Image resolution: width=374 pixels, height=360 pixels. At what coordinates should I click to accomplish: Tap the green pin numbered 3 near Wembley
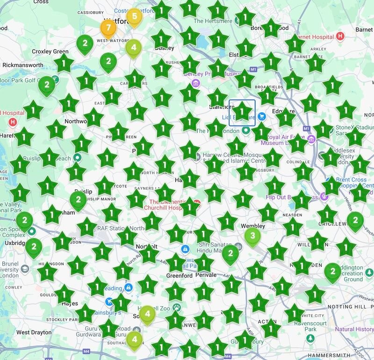click(253, 236)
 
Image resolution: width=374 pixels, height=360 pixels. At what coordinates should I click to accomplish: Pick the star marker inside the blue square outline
click(243, 112)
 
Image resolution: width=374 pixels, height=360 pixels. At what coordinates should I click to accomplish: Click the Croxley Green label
click(50, 51)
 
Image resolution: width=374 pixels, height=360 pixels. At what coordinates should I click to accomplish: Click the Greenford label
click(180, 276)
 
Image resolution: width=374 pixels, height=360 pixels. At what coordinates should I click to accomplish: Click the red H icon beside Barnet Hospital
click(340, 36)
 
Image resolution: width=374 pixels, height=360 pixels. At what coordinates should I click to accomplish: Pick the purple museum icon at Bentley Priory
click(196, 83)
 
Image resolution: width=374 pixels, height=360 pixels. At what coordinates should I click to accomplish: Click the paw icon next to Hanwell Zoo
click(177, 307)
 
